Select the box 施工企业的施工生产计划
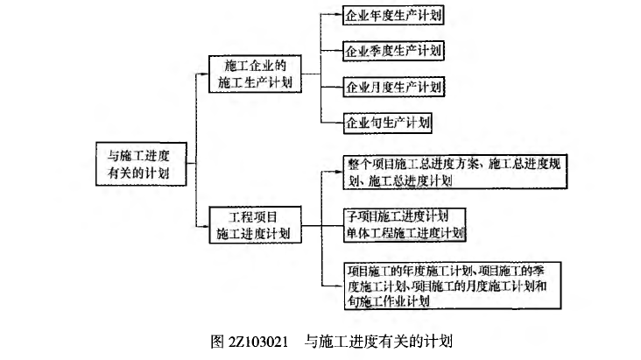click(x=257, y=75)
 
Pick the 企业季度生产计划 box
click(x=393, y=50)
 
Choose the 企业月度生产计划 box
click(x=393, y=86)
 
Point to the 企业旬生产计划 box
click(x=387, y=122)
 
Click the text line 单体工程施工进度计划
click(x=405, y=234)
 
